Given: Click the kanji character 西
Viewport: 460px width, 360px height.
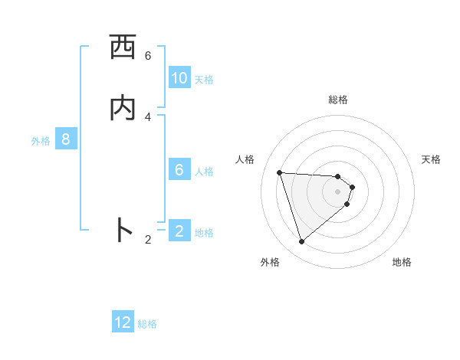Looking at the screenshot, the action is point(123,48).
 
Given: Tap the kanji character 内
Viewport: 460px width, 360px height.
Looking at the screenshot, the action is point(123,108).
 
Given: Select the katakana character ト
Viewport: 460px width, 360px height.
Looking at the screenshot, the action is point(123,231).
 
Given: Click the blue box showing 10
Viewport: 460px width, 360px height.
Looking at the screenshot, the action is point(179,78).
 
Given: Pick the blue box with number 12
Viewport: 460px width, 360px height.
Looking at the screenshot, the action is point(123,322).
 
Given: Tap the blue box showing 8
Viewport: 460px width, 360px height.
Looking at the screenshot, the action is point(66,139).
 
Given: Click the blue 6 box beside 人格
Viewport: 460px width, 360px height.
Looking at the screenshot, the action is point(179,170).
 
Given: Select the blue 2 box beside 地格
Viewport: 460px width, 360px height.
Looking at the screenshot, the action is point(179,231).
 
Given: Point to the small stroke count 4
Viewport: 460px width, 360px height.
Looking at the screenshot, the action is point(148,116).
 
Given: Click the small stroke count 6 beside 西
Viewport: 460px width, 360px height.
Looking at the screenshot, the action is point(148,56).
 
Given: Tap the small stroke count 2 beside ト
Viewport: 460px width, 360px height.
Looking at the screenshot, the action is point(148,239).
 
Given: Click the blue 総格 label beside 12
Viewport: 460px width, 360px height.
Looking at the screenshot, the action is point(147,324).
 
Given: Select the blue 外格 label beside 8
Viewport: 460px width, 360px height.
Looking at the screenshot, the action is point(41,141).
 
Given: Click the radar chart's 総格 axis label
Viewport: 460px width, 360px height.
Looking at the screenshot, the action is point(338,100).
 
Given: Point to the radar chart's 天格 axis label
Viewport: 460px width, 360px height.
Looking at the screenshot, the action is point(432,159).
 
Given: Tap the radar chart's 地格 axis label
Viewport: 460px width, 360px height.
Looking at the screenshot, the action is point(402,262).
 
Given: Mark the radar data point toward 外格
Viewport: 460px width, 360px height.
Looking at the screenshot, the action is point(301,242).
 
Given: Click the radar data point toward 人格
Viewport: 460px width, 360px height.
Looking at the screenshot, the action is point(279,172).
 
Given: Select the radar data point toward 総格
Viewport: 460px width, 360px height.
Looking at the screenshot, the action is point(338,175).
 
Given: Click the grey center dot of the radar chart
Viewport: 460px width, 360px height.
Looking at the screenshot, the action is point(338,191).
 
